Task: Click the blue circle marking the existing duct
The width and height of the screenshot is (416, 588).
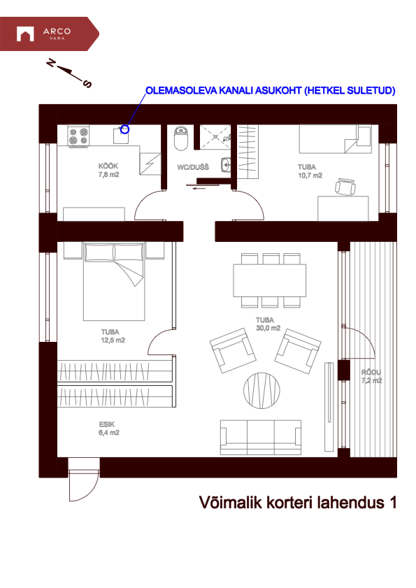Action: tap(125, 129)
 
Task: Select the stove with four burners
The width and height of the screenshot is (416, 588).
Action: tap(78, 135)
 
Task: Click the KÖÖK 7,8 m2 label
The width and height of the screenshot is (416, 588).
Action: tap(108, 171)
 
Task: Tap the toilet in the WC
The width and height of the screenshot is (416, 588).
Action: tap(180, 137)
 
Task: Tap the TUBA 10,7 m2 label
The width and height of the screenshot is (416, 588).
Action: tap(307, 171)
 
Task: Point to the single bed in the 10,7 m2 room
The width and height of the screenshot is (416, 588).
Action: tap(334, 138)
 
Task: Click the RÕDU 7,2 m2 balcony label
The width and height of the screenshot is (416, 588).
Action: tap(371, 377)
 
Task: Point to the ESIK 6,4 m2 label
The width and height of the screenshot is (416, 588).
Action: tap(108, 429)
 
